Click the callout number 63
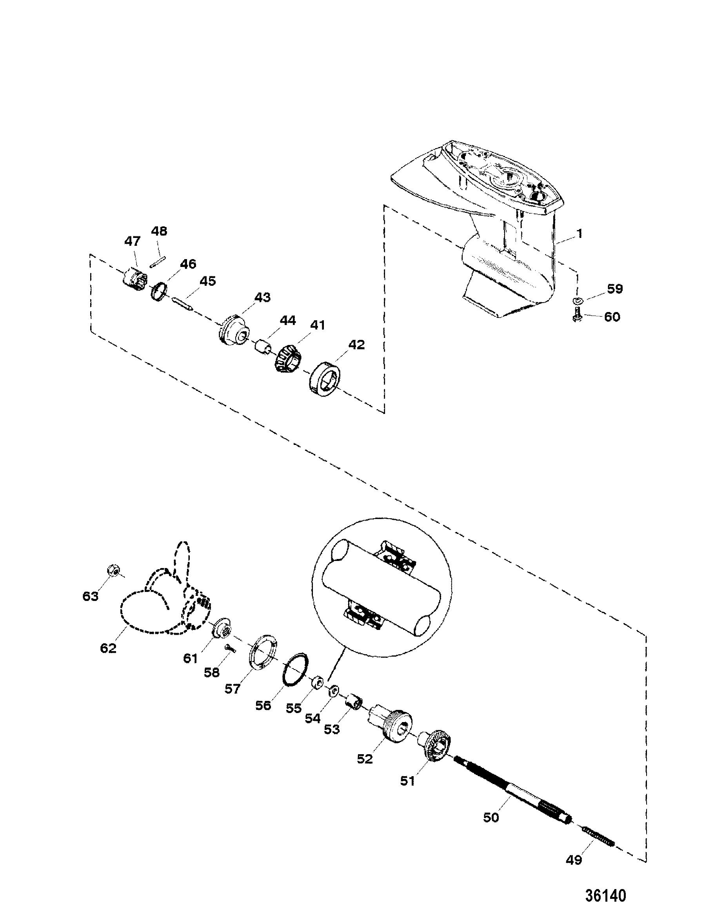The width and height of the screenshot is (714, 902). pos(90,595)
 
